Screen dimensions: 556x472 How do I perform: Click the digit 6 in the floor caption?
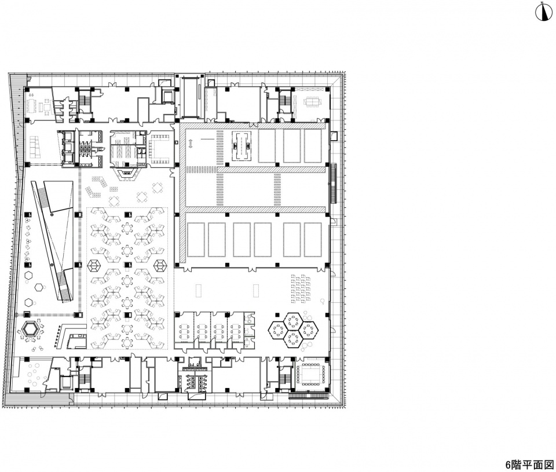click(508, 464)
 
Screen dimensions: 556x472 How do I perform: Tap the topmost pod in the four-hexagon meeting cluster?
click(293, 321)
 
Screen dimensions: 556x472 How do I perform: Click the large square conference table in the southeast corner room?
click(310, 374)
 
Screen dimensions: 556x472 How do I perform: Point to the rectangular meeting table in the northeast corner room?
click(313, 103)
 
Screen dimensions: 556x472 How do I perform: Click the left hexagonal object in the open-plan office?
click(94, 265)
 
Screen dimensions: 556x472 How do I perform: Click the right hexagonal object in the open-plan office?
click(160, 265)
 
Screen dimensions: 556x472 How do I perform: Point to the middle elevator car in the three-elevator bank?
click(67, 148)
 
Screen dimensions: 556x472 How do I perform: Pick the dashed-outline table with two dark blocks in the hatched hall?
click(241, 146)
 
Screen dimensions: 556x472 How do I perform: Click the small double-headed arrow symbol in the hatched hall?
click(191, 143)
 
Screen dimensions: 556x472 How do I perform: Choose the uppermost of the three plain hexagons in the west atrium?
click(28, 275)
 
